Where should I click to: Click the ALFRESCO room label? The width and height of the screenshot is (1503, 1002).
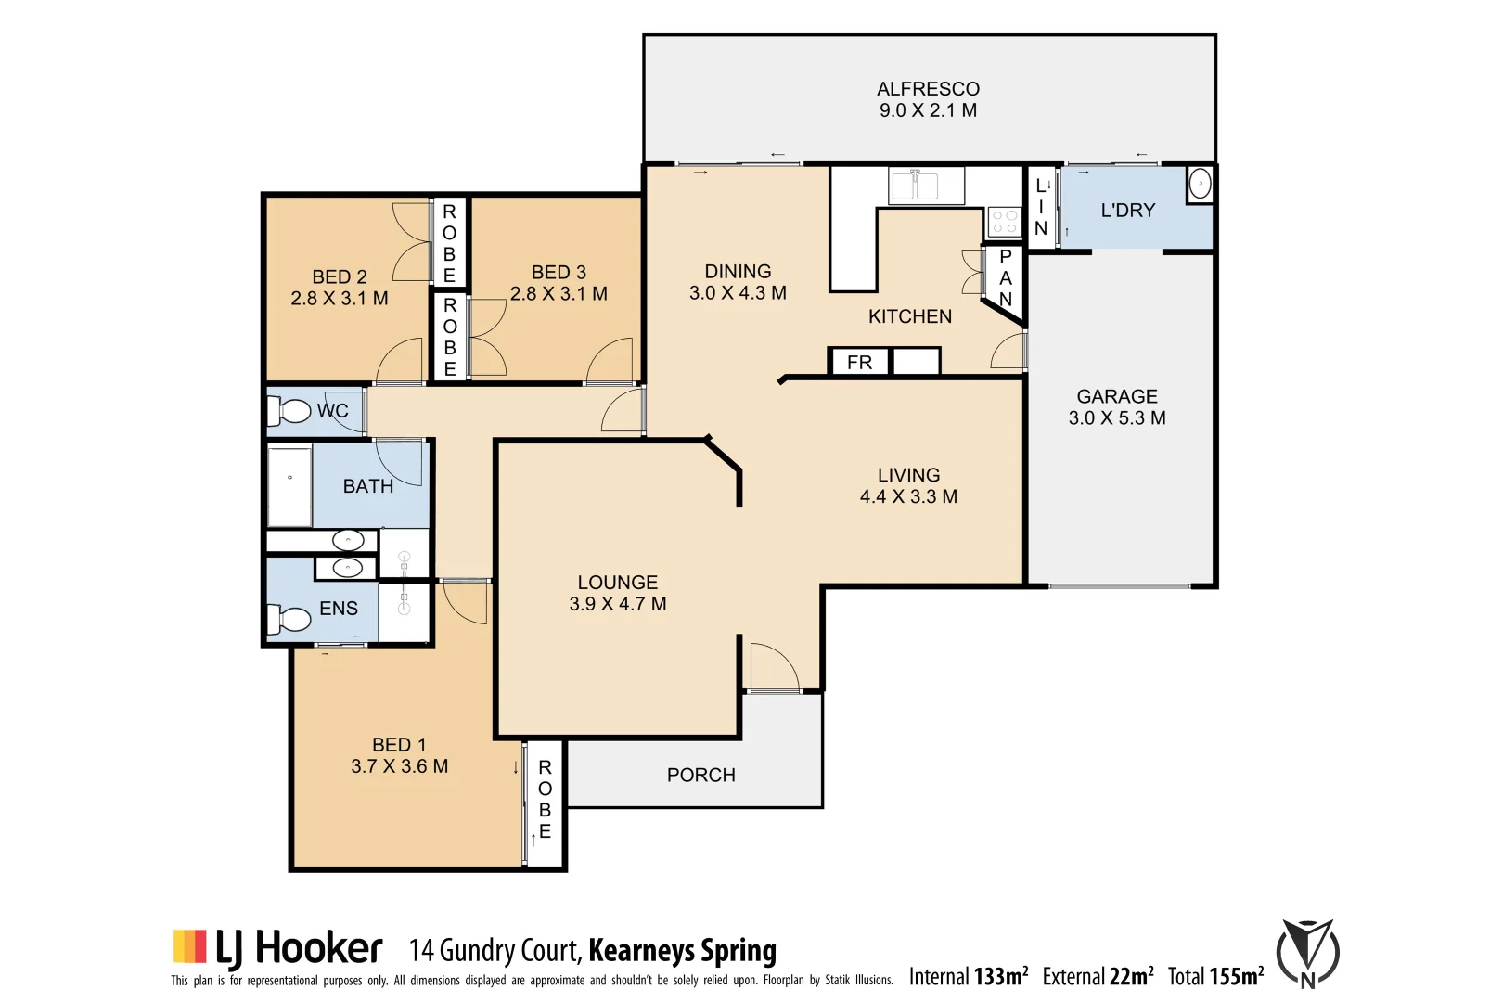pyautogui.click(x=928, y=89)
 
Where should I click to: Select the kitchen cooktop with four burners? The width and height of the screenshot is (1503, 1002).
pyautogui.click(x=1004, y=221)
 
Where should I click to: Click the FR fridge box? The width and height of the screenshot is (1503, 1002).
pyautogui.click(x=859, y=362)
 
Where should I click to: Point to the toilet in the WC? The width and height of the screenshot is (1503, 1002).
pyautogui.click(x=292, y=410)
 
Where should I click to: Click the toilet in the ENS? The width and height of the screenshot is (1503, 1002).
pyautogui.click(x=291, y=618)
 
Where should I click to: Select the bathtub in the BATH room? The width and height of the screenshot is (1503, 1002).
pyautogui.click(x=289, y=487)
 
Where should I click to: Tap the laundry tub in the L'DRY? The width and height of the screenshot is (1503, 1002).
pyautogui.click(x=1200, y=185)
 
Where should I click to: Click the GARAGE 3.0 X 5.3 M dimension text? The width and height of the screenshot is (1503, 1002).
pyautogui.click(x=1116, y=417)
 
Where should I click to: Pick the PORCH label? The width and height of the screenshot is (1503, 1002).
pyautogui.click(x=700, y=775)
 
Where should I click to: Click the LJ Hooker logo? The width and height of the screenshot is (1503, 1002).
pyautogui.click(x=277, y=948)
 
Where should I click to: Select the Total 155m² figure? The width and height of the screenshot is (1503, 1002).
pyautogui.click(x=1215, y=976)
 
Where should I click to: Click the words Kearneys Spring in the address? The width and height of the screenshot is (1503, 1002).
pyautogui.click(x=682, y=950)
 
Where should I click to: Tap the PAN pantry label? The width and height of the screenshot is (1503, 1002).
pyautogui.click(x=1005, y=277)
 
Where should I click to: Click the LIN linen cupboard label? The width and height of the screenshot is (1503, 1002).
pyautogui.click(x=1041, y=206)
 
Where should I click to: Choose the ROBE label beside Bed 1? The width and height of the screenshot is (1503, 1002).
pyautogui.click(x=545, y=799)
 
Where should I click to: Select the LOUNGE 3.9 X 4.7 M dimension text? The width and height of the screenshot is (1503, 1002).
pyautogui.click(x=617, y=604)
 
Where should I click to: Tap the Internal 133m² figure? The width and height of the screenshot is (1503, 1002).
pyautogui.click(x=968, y=976)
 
